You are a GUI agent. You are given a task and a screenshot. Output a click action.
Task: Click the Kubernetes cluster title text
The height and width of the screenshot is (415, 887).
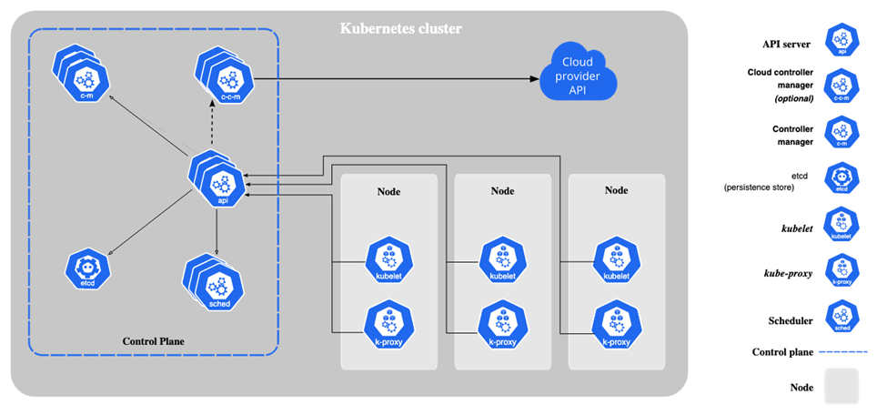pos(400,28)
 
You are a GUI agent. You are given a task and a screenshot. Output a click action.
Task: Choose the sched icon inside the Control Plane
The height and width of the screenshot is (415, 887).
pos(215,283)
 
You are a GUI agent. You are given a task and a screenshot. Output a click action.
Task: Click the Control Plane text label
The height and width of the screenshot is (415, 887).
pos(153,341)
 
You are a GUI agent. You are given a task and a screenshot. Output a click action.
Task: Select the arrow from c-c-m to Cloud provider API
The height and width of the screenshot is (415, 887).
pos(400,78)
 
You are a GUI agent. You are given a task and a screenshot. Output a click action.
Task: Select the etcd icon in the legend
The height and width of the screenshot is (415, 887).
pos(842,178)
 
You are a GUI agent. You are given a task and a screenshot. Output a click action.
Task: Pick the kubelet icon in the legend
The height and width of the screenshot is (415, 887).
pos(842,225)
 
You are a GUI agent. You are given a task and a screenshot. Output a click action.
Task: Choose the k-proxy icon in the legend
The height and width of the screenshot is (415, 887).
pos(842,270)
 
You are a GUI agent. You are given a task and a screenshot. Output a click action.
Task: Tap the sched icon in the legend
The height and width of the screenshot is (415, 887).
pos(842,316)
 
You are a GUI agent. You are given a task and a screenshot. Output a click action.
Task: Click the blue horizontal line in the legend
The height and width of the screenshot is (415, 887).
pos(842,351)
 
